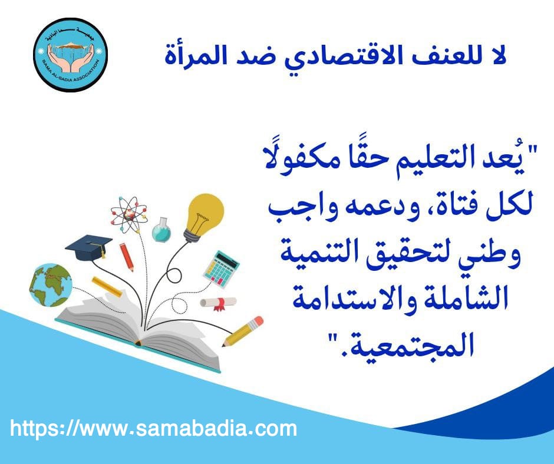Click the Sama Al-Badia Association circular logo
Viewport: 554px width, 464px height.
click(70, 55)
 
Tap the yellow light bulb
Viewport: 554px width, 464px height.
click(205, 217)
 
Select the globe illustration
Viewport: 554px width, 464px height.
click(51, 285)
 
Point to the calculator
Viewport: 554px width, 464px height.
click(221, 269)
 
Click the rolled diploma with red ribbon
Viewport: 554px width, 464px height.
click(218, 303)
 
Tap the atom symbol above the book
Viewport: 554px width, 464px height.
click(128, 215)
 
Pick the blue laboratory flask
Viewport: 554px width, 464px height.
click(161, 230)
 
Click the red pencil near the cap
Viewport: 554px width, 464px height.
click(127, 257)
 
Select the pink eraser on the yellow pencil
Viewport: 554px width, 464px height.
click(258, 322)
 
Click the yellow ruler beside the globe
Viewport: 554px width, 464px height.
click(107, 287)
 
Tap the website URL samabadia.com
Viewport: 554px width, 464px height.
click(153, 428)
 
